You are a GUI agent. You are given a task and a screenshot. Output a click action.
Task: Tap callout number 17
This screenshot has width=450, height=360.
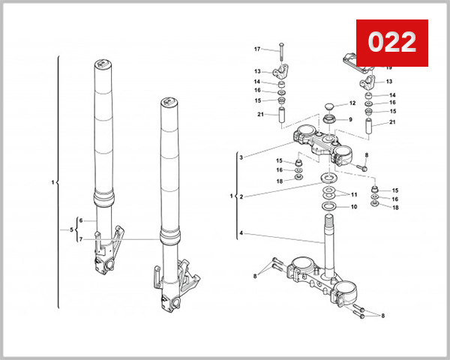click(x=256, y=49)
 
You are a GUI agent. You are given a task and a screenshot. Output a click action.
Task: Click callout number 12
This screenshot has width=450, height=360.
click(x=351, y=103)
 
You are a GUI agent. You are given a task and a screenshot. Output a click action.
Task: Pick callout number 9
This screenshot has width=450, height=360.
click(x=349, y=120)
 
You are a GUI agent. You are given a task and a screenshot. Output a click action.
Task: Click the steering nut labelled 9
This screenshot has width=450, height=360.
click(x=328, y=120)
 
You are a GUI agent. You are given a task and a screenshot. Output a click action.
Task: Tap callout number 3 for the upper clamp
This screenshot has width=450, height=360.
click(x=241, y=157)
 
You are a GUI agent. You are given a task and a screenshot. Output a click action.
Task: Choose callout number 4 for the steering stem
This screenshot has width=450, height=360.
click(x=241, y=234)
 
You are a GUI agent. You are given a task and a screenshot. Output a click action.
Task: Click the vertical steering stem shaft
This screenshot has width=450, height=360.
click(x=328, y=232)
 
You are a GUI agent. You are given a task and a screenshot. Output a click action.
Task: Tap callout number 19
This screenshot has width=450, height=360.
click(x=388, y=67)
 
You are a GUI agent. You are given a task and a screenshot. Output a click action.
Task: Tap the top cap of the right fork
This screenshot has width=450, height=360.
click(x=169, y=102)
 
